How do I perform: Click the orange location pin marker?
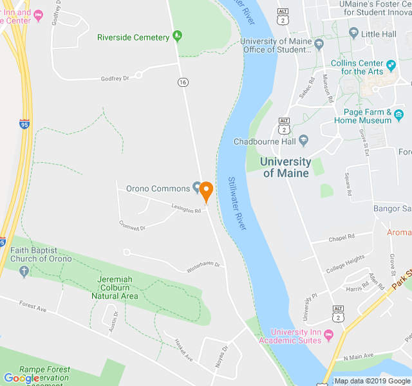(206, 192)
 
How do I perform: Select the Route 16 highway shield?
(183, 82)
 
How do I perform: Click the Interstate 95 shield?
(24, 122)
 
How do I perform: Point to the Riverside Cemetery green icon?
(178, 37)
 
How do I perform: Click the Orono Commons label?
(157, 188)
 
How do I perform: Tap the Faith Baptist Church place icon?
(24, 272)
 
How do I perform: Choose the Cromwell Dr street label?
(132, 226)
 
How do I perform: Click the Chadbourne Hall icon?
(304, 141)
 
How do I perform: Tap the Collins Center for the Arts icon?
(391, 64)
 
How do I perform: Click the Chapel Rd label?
(341, 237)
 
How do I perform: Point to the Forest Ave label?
(33, 307)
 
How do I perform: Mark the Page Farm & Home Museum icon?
(399, 115)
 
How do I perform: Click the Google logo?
(21, 378)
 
